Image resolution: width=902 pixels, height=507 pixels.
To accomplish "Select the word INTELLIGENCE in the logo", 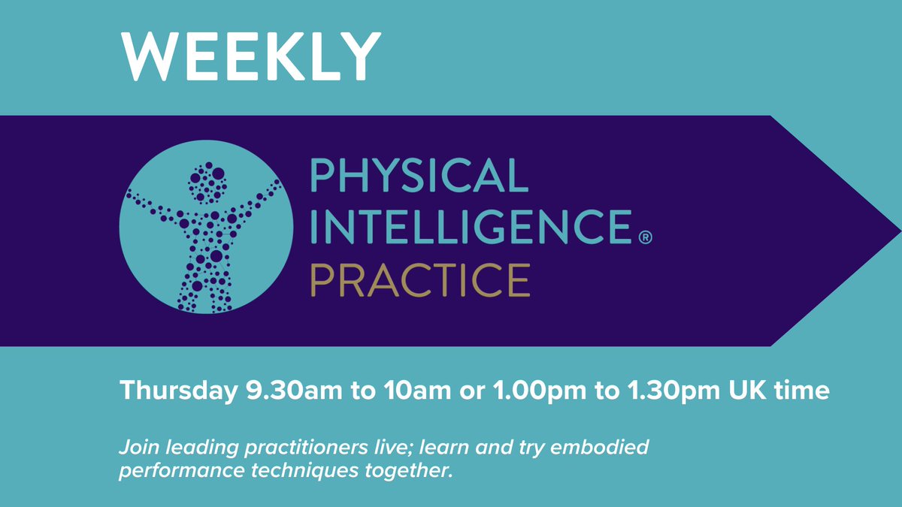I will pos(469,228).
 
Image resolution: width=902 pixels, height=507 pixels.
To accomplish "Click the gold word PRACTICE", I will pos(420,279).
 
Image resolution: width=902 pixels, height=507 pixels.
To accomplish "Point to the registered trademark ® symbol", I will pos(644,238).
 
